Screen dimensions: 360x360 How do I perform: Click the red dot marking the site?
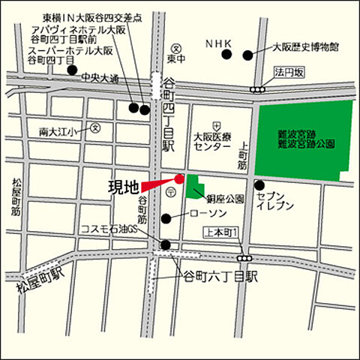click(x=179, y=178)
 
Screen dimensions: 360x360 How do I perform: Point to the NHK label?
click(x=220, y=44)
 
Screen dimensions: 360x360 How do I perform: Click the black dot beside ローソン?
click(x=165, y=218)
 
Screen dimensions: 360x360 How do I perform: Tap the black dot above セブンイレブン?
click(x=259, y=185)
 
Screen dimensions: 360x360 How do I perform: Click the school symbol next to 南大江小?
click(x=94, y=128)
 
